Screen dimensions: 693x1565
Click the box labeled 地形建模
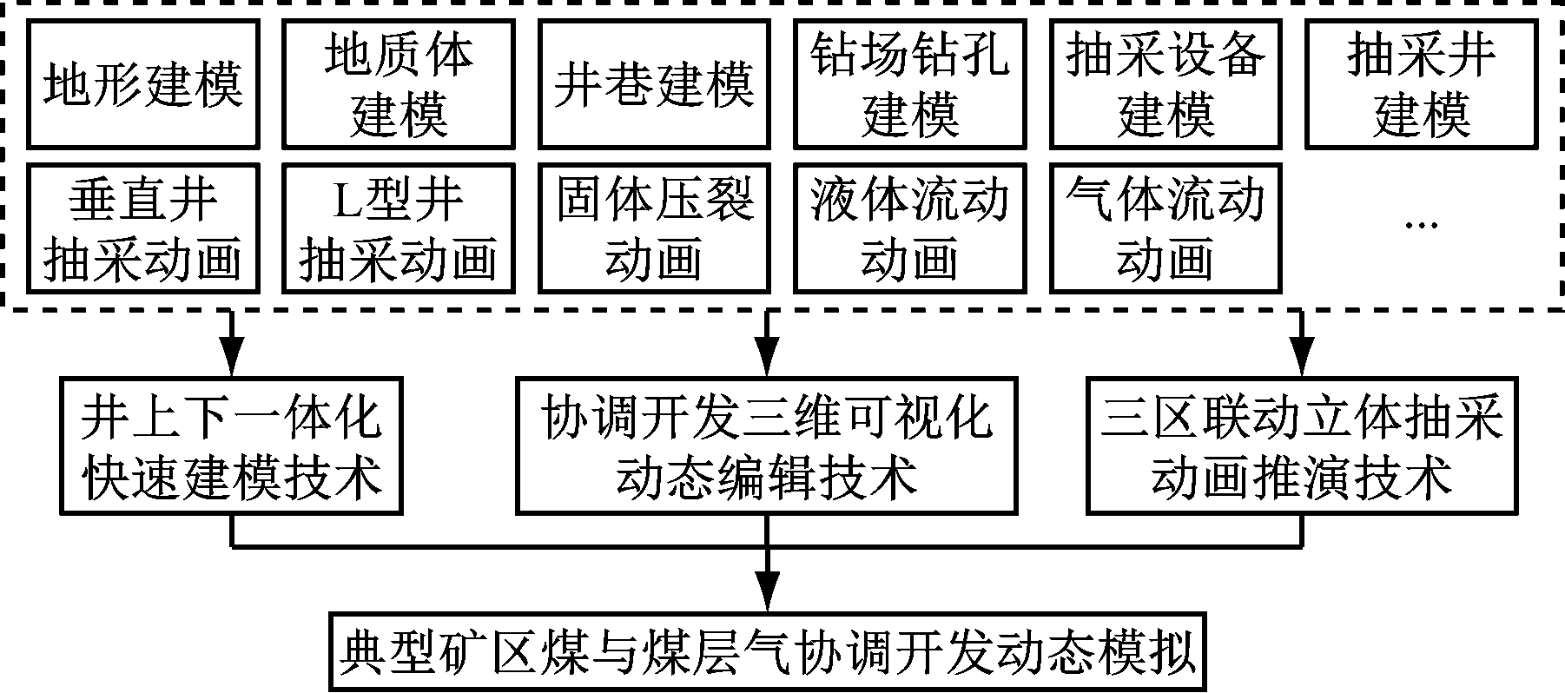pos(143,84)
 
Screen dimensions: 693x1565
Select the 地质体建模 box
pos(399,84)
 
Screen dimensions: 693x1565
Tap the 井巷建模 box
pos(654,84)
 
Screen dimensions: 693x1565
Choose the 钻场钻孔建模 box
pos(909,84)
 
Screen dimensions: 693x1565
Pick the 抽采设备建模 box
pos(1165,84)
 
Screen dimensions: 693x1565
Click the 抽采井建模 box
pos(1422,84)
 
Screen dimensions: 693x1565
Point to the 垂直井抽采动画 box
pos(143,228)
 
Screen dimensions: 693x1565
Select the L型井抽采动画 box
pos(399,228)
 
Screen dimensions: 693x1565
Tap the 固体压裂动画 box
pos(654,228)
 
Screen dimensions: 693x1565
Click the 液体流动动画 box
pos(909,228)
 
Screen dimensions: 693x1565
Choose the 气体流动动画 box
pos(1165,228)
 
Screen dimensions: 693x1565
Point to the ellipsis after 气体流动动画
pos(1422,224)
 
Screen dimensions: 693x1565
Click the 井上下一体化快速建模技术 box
pos(232,445)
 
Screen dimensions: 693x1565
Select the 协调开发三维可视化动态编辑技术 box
pos(766,445)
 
